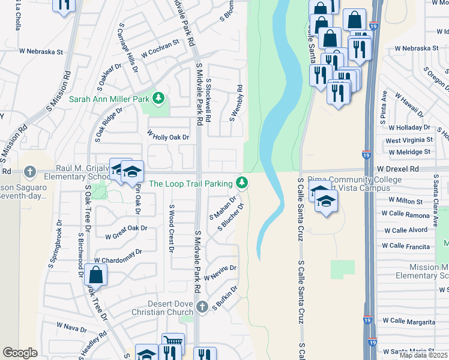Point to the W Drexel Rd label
[x=397, y=170]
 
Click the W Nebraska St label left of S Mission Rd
[x=41, y=52]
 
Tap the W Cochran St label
[x=160, y=49]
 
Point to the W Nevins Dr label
[x=220, y=273]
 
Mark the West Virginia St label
[x=409, y=140]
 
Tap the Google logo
[x=20, y=353]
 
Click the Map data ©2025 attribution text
[x=423, y=355]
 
